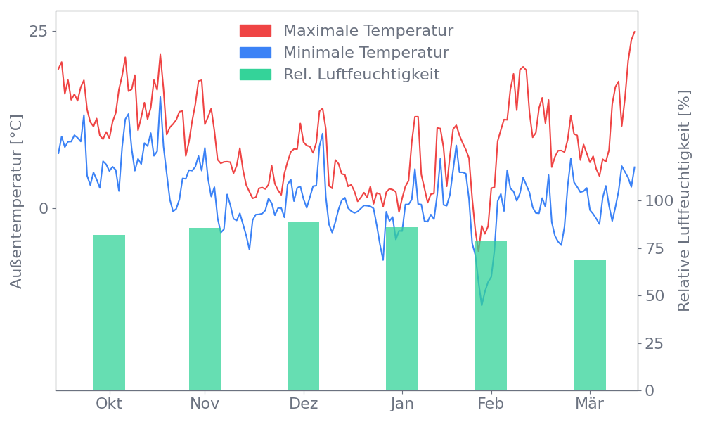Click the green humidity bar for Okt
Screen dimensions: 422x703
coord(109,312)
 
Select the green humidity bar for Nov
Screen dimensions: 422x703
coord(205,309)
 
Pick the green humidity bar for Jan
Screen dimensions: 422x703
coord(401,309)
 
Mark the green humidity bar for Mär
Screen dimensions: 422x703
coord(590,325)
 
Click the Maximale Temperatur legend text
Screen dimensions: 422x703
coord(368,31)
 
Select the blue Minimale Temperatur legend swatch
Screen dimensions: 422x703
coord(255,53)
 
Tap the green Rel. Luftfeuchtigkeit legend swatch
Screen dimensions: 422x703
coord(255,75)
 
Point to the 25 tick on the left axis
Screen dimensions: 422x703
coord(40,32)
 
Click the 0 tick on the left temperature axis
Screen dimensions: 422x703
coord(45,209)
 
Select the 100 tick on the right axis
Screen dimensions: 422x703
coord(659,201)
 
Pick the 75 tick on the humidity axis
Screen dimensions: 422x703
coord(654,248)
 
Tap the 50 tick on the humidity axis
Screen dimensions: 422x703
coord(654,296)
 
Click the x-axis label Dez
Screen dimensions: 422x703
coord(304,404)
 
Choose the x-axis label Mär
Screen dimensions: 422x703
coord(590,404)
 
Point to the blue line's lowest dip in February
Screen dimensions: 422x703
coord(482,305)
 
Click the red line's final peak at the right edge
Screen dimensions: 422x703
coord(634,32)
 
